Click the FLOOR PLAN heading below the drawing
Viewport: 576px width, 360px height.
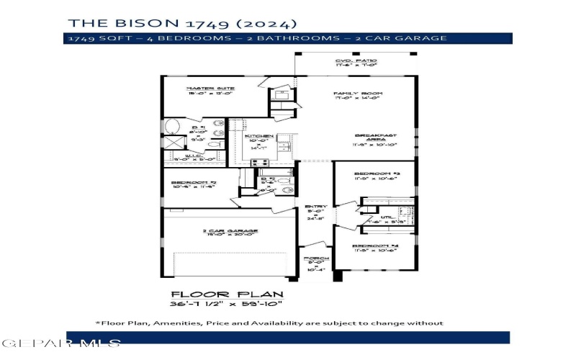click(228, 294)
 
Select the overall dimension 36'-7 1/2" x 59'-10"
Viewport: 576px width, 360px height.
click(228, 305)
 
